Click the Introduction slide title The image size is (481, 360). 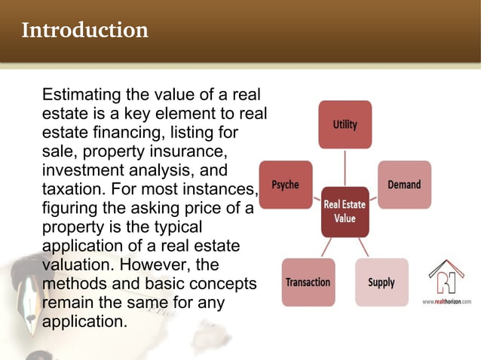pyautogui.click(x=84, y=30)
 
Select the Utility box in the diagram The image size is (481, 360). pyautogui.click(x=345, y=124)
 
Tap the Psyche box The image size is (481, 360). pyautogui.click(x=285, y=185)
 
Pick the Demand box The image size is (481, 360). pyautogui.click(x=404, y=185)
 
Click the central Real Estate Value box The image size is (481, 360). pyautogui.click(x=345, y=211)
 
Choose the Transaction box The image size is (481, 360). pyautogui.click(x=308, y=282)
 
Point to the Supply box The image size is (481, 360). pyautogui.click(x=381, y=282)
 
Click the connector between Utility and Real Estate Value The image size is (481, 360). pyautogui.click(x=345, y=167)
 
